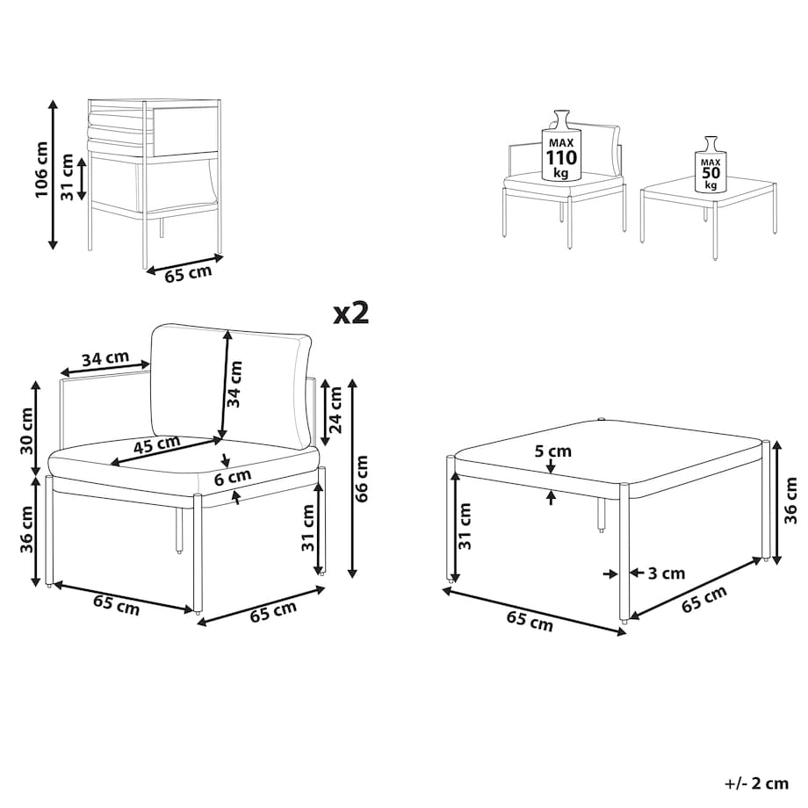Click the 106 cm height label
coord(41,170)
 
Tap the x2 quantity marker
coord(351,313)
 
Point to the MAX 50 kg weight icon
coord(711,164)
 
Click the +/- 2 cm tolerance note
coord(756,783)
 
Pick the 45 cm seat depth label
coord(156,444)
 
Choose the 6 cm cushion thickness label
coord(233,477)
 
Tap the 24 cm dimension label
coord(335,409)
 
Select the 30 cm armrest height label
coord(26,431)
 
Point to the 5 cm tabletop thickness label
coord(553,451)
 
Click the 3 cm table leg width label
coord(667,573)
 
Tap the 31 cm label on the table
coord(465,526)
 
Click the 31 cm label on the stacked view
coord(67,177)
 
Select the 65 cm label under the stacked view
coord(188,272)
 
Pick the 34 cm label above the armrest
coord(105,358)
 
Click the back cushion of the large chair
coord(230,386)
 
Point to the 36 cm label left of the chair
coord(26,530)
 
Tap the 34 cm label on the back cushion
coord(234,384)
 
